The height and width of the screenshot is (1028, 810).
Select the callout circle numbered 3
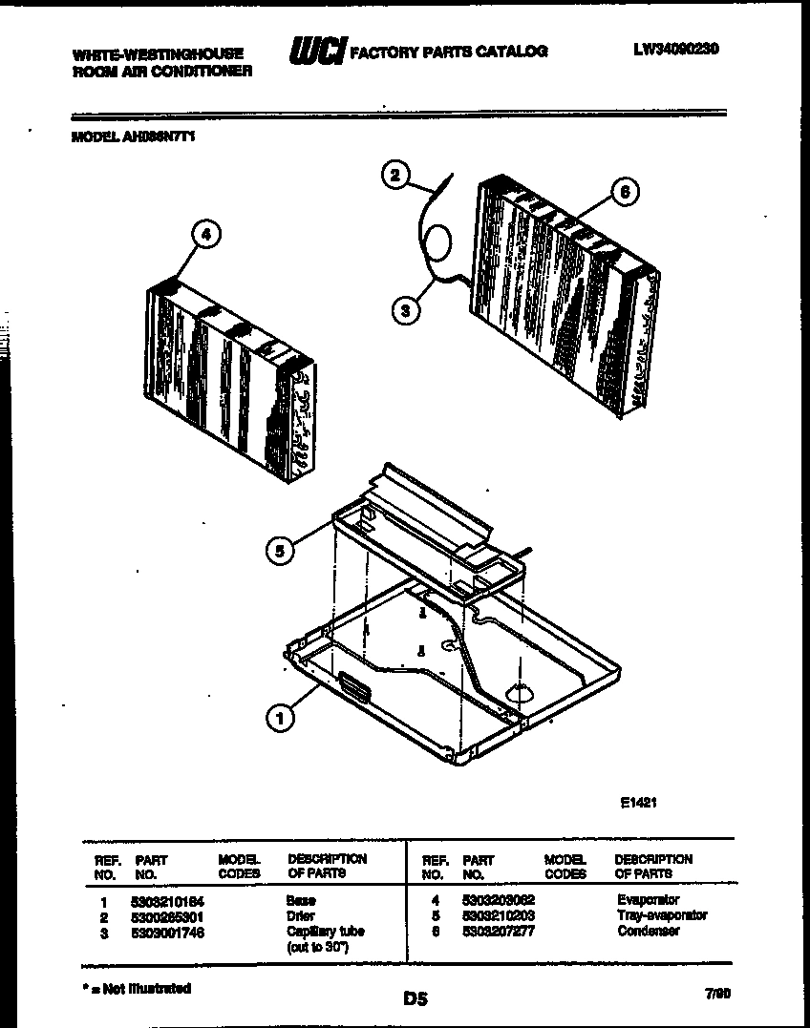pos(406,309)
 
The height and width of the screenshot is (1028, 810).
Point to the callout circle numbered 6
pos(623,191)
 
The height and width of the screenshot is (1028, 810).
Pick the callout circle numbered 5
pos(278,551)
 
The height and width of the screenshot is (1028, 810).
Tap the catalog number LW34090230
pos(675,49)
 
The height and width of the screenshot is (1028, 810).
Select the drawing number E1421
pos(639,803)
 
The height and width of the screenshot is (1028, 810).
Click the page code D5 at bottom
pos(415,999)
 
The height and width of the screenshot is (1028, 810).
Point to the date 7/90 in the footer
pos(716,994)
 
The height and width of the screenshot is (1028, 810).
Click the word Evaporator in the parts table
pos(648,900)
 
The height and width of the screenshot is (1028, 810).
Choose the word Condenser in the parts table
pos(648,931)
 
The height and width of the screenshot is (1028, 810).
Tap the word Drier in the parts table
pos(300,915)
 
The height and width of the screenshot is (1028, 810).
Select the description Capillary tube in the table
pos(325,931)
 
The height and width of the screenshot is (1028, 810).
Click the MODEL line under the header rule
pos(134,136)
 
